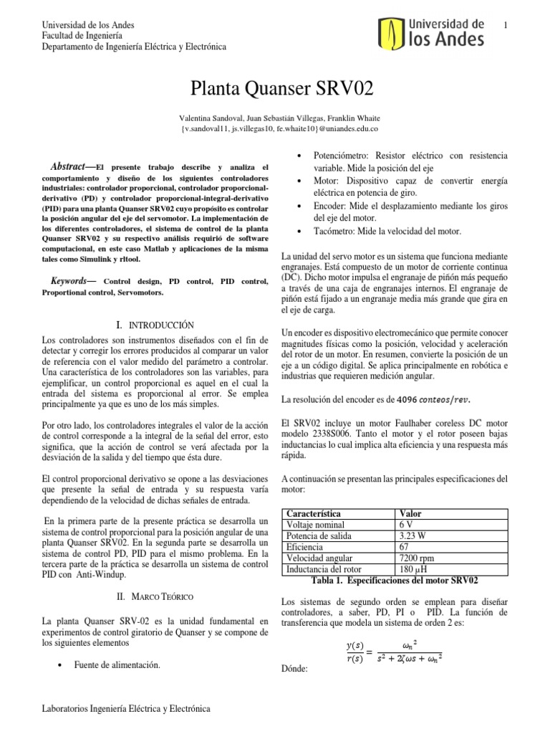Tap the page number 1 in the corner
tap(506, 27)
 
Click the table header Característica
tap(312, 514)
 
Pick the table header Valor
tap(411, 514)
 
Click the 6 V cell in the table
tap(405, 525)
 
